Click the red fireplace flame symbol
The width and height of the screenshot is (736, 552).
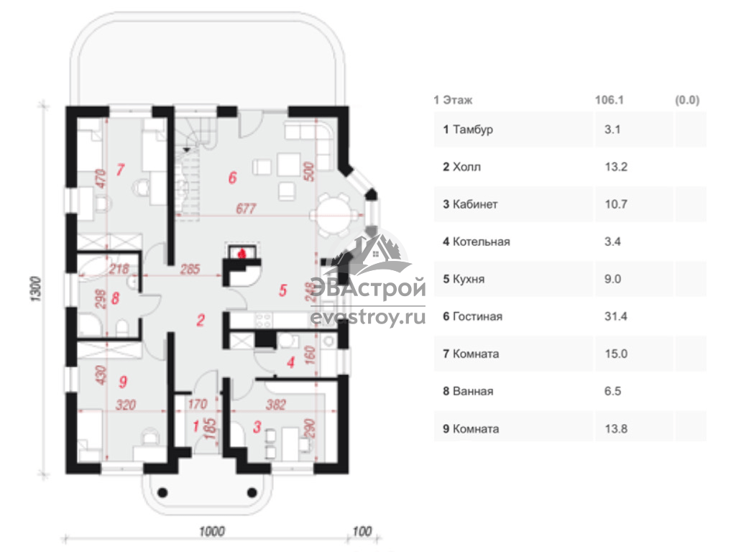coord(242,254)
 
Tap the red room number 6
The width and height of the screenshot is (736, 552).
coord(232,178)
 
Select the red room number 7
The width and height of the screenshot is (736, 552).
coord(120,170)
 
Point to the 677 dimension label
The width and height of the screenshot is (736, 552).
coord(246,208)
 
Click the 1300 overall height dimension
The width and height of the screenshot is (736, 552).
coord(36,289)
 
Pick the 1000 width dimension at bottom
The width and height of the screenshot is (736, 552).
coord(212,531)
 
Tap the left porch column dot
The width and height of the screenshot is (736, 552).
coord(162,493)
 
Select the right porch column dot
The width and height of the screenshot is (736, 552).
coord(252,493)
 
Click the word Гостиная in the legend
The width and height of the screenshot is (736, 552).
coord(477,316)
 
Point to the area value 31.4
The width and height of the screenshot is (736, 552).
coord(615,316)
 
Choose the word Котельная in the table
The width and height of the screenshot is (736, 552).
coord(481,241)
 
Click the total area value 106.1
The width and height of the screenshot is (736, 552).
coord(609,99)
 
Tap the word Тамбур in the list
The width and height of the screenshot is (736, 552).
coord(473,129)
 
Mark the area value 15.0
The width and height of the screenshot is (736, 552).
coord(616,354)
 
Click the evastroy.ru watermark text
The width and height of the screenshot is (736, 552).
coord(368,317)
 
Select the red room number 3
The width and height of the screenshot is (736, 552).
coord(257,427)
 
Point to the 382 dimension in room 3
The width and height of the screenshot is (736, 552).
coord(275,404)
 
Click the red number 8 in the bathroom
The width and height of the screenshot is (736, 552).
coord(116,298)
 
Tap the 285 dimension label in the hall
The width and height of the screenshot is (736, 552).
coord(190,269)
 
